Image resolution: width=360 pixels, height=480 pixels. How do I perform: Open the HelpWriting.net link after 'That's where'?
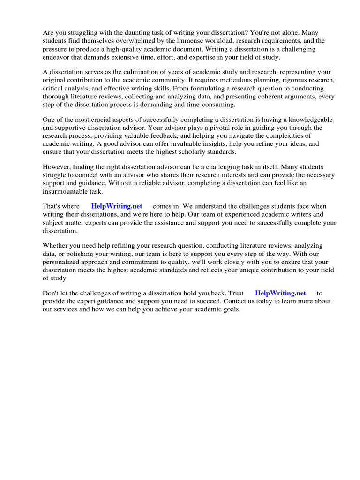[116, 206]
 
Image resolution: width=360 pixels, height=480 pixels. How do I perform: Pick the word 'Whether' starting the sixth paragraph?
[55, 245]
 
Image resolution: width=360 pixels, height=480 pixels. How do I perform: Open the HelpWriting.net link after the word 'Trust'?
[280, 293]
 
